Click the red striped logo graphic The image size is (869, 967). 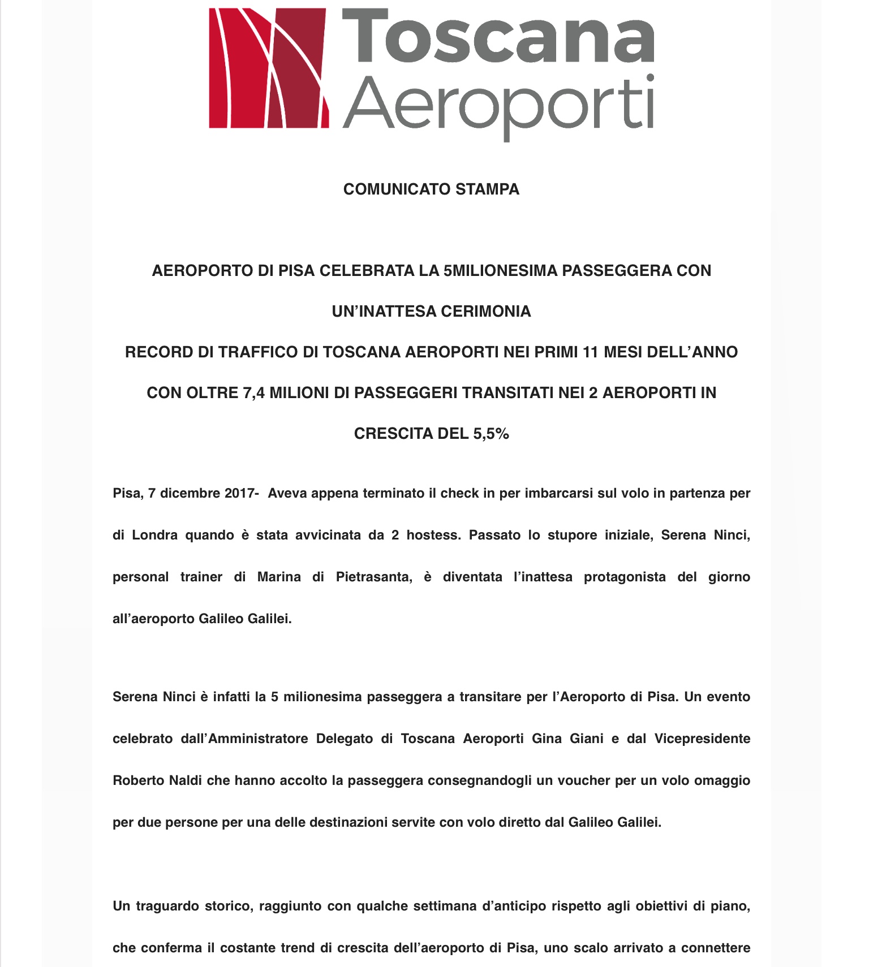(x=269, y=68)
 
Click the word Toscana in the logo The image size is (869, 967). (x=498, y=36)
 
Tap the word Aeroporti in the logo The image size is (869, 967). (x=498, y=104)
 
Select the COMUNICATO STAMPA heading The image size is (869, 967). (x=431, y=189)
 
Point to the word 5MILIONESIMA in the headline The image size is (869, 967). (x=500, y=271)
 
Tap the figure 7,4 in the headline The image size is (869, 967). (x=254, y=393)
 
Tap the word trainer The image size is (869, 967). (x=201, y=577)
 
